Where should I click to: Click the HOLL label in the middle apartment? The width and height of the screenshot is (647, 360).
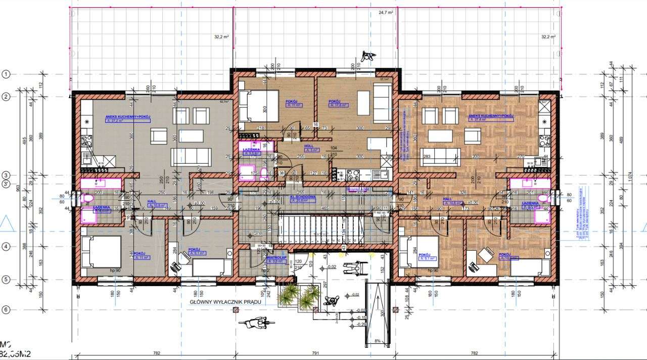(x=309, y=146)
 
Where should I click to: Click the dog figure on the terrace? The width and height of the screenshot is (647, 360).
(x=367, y=56)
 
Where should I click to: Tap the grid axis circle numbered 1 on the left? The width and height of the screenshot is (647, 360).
(x=6, y=74)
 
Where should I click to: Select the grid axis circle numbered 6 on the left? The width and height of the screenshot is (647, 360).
(x=6, y=309)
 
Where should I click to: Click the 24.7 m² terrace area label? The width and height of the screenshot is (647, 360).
(x=386, y=13)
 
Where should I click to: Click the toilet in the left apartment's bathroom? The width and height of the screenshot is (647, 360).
(x=86, y=198)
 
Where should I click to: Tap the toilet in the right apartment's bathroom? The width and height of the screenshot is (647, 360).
(x=545, y=199)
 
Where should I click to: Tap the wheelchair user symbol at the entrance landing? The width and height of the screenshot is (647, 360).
(x=351, y=268)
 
